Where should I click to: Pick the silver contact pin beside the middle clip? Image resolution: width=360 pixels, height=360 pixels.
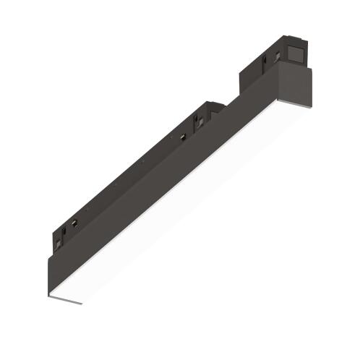click(182, 135)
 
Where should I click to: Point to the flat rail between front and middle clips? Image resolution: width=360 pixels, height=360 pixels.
click(130, 173)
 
